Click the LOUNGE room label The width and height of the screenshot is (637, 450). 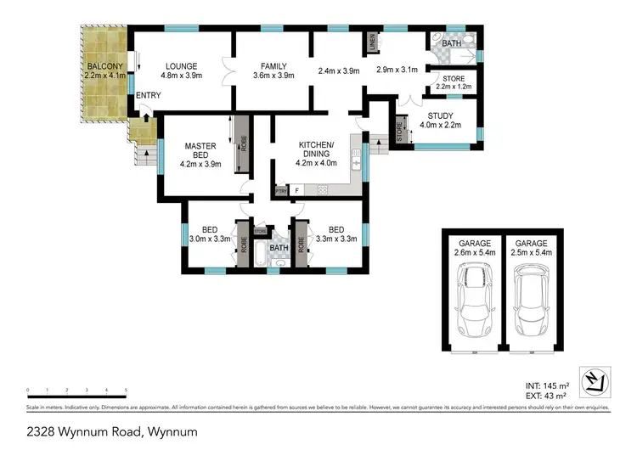coord(181,66)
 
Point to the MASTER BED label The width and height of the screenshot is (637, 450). coord(200,151)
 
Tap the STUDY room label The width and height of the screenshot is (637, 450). coord(440,116)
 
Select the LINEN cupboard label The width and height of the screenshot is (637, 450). coord(372,42)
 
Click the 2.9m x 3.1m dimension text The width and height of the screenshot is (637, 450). coord(397,70)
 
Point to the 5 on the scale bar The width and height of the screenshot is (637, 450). coord(127,390)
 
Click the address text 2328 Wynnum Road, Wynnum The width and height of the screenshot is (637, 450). coord(99,431)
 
